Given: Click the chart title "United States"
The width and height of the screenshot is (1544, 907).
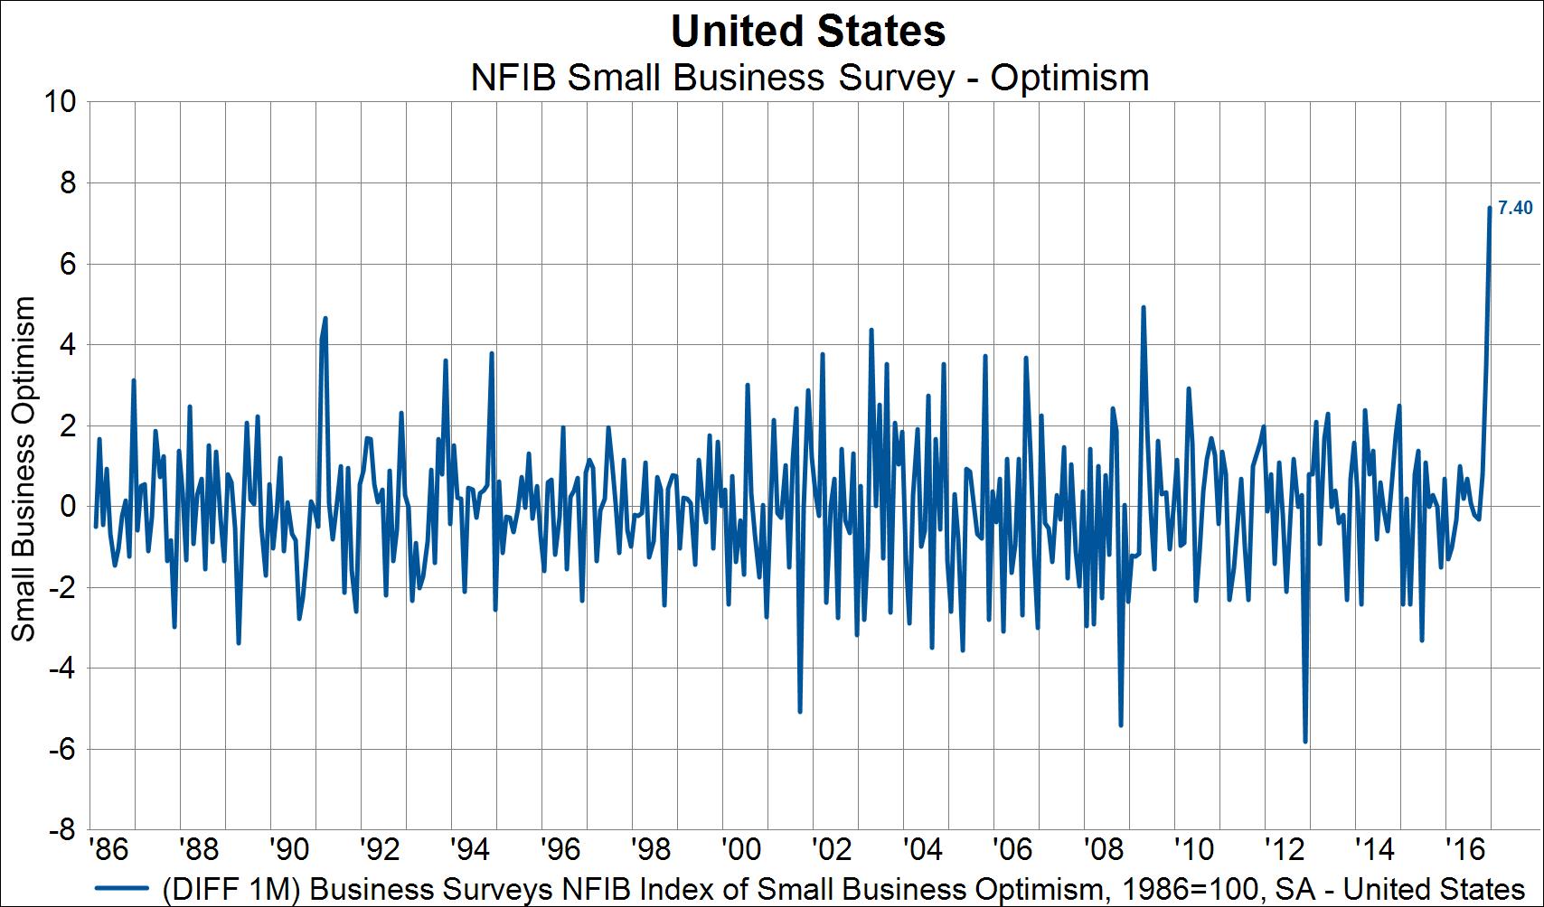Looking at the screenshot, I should click(x=808, y=32).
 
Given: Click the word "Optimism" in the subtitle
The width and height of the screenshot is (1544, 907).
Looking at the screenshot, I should click(x=1069, y=78).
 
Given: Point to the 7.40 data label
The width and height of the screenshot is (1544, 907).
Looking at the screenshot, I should click(x=1515, y=208).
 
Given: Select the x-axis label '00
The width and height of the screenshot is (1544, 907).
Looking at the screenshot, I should click(x=740, y=850).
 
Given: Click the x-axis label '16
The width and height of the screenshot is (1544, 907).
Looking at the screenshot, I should click(x=1464, y=850).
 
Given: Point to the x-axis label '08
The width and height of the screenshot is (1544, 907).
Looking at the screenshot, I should click(x=1103, y=850).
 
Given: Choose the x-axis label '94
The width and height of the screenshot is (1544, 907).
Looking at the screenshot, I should click(x=469, y=850).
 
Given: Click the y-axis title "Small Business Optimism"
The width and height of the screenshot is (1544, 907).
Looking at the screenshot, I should click(x=24, y=469).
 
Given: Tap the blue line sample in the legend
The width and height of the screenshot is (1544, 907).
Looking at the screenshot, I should click(x=120, y=888).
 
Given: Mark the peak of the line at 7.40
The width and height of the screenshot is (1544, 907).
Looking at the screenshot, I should click(x=1490, y=208).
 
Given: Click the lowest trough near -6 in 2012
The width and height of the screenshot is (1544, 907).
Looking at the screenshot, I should click(x=1305, y=742).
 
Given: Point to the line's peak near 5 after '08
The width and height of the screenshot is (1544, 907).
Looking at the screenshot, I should click(x=1144, y=307).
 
